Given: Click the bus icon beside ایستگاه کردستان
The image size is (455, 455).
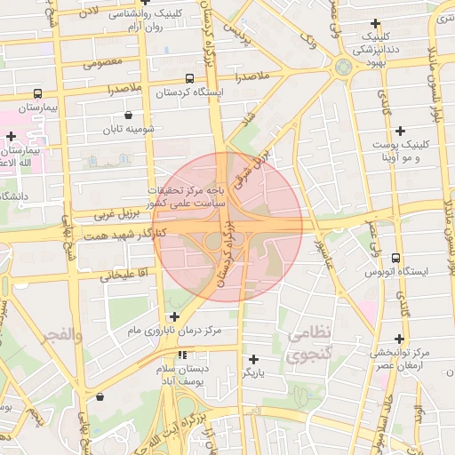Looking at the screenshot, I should (189, 79).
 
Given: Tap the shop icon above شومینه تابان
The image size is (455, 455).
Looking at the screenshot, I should (130, 115).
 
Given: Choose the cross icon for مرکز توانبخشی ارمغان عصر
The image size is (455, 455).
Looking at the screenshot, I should (399, 338).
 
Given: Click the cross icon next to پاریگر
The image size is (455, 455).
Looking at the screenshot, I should (254, 359).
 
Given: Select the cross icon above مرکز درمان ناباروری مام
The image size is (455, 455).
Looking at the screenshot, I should (174, 315).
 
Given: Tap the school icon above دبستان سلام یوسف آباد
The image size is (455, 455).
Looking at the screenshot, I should (183, 355).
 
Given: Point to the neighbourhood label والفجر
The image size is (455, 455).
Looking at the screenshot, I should (61, 335).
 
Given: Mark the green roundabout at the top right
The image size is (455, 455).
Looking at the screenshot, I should (343, 67).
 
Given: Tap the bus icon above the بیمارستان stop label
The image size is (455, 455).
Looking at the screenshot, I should (37, 93).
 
